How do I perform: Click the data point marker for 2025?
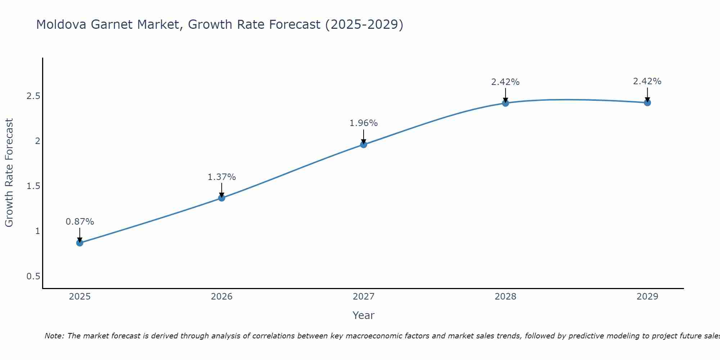click(80, 243)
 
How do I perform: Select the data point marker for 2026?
click(222, 198)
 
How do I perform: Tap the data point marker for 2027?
click(364, 144)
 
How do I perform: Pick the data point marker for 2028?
click(505, 103)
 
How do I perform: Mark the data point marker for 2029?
click(647, 103)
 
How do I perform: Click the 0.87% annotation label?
click(80, 222)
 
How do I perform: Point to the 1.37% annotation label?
click(222, 177)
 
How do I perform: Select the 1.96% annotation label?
click(364, 123)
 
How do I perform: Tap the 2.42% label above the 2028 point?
click(505, 82)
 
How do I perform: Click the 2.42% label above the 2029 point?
click(647, 81)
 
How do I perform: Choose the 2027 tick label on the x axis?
click(364, 297)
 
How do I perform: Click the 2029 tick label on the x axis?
click(647, 297)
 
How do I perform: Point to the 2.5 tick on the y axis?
click(33, 96)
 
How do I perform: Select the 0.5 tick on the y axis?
click(33, 276)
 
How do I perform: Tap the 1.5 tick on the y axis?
click(33, 186)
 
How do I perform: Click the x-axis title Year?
click(364, 315)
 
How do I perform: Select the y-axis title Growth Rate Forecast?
click(9, 173)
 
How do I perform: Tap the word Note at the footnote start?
click(54, 336)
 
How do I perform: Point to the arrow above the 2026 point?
click(222, 190)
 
